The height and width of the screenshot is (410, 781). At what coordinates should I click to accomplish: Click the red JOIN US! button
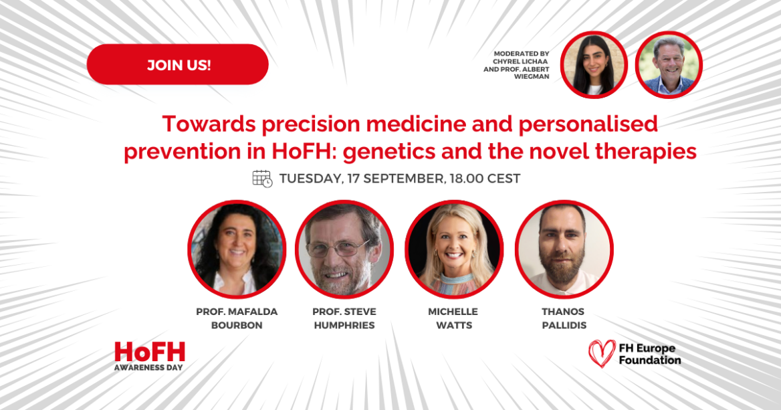pos(177,65)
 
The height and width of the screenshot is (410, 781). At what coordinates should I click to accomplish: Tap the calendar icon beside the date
pos(262,179)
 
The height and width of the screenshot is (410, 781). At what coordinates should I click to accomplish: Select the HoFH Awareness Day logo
pos(149,355)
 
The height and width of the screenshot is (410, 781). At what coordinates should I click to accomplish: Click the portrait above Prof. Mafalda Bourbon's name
pos(237,249)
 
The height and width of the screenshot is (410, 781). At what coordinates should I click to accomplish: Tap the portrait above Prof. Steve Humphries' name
pos(344,249)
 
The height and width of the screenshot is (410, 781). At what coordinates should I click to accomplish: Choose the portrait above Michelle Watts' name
pos(453,249)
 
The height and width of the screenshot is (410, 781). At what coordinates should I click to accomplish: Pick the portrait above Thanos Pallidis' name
pos(564,249)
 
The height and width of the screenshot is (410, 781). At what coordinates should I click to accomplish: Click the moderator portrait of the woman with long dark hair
pos(593,65)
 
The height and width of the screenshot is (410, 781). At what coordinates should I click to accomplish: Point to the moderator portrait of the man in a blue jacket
pos(668,65)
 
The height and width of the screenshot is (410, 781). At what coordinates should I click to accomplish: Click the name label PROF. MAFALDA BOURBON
pos(237,318)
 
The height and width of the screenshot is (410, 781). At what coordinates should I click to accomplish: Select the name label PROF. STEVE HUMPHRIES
pos(344,318)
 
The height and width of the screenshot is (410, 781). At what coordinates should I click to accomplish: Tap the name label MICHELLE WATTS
pos(453,318)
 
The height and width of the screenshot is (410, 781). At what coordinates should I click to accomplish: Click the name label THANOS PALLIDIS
pos(564,318)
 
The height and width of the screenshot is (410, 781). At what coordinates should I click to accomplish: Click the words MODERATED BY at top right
pos(522,54)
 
